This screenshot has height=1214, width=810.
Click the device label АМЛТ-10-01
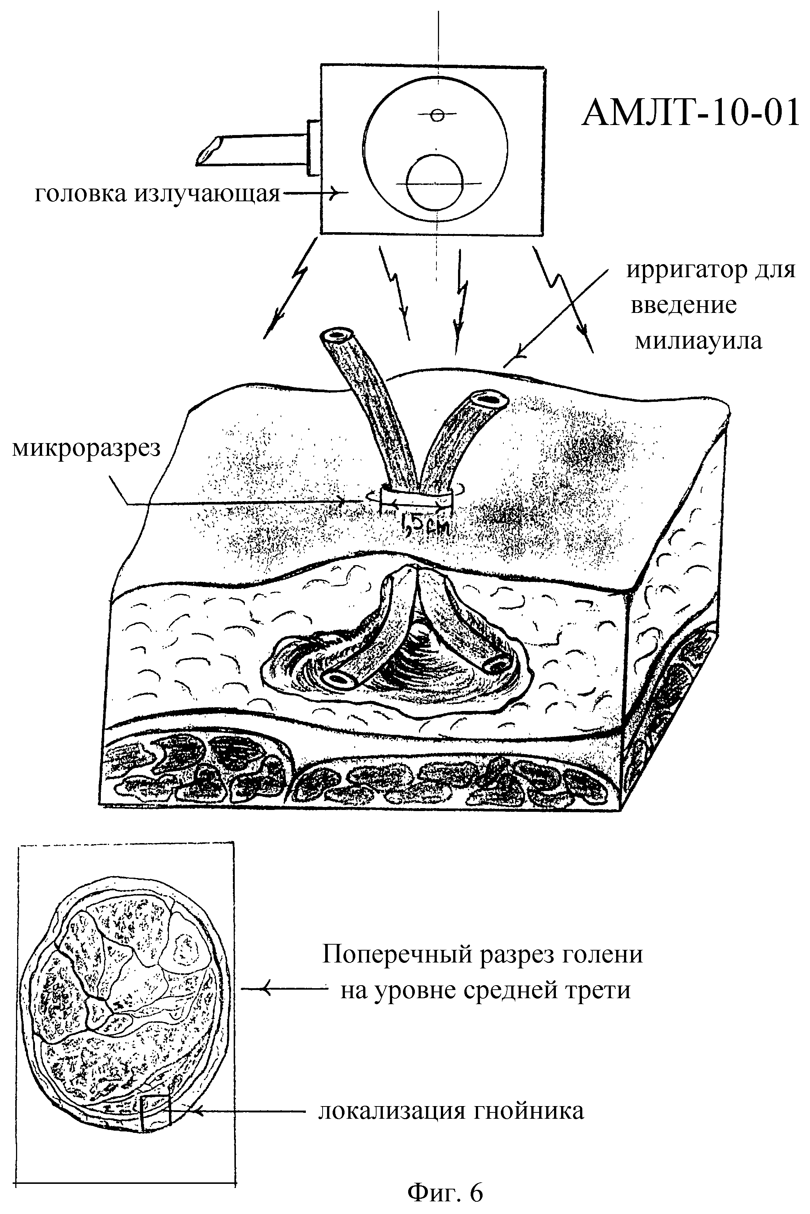pos(690,114)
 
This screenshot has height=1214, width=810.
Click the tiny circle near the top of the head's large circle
pos(437,115)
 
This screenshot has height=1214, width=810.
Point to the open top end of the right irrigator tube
pos(488,400)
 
